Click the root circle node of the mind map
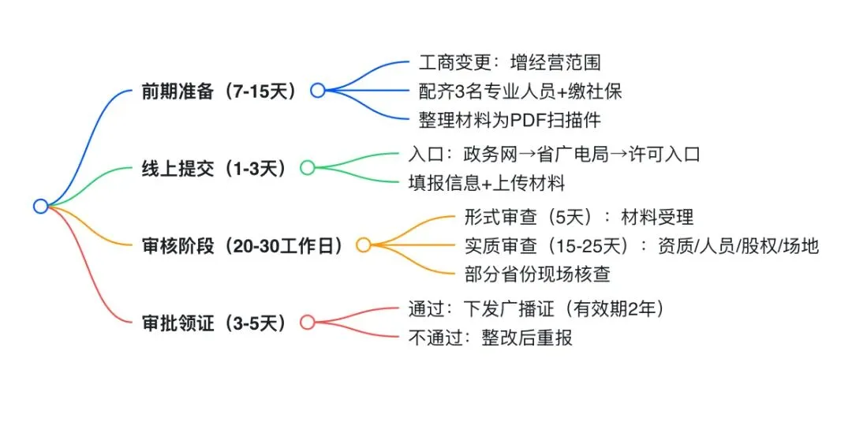click(x=41, y=206)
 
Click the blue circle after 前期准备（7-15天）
click(x=317, y=90)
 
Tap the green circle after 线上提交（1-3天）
click(x=308, y=167)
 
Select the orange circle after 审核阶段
click(x=363, y=244)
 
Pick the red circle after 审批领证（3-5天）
click(x=308, y=322)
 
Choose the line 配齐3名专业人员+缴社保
click(x=521, y=91)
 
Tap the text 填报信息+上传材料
click(x=488, y=183)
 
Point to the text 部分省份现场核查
click(x=538, y=274)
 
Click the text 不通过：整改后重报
click(x=489, y=338)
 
